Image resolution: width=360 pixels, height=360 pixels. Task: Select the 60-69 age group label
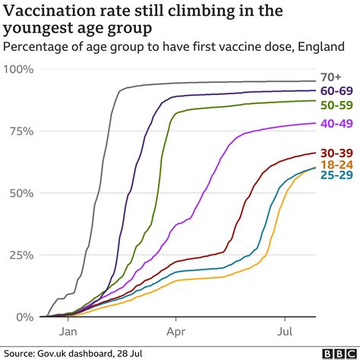pyautogui.click(x=335, y=91)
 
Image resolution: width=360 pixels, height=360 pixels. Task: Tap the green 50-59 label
pyautogui.click(x=335, y=105)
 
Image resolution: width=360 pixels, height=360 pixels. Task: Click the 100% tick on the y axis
pyautogui.click(x=17, y=69)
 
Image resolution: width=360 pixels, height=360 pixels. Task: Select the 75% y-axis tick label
pyautogui.click(x=20, y=131)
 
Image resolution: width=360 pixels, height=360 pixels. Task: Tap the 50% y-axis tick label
pyautogui.click(x=20, y=193)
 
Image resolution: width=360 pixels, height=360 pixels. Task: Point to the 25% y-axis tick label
pyautogui.click(x=20, y=254)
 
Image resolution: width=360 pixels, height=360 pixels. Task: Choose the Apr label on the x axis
pyautogui.click(x=176, y=332)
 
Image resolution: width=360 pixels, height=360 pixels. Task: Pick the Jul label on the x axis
pyautogui.click(x=285, y=332)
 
